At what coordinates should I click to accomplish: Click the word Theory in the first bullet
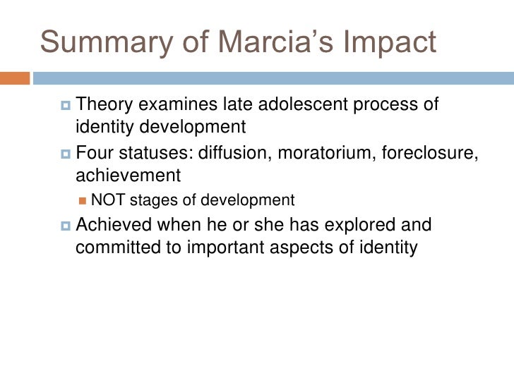coord(104,105)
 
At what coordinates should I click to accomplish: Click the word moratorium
coord(330,152)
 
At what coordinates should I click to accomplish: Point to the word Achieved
coord(120,226)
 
